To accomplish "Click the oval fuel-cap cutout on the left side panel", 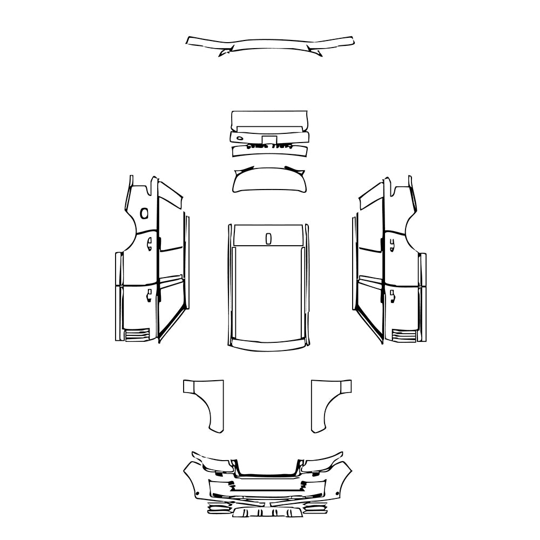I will pyautogui.click(x=144, y=213).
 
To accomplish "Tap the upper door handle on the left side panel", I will pyautogui.click(x=150, y=242).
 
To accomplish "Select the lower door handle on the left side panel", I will pyautogui.click(x=149, y=295).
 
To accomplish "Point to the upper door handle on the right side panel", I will pyautogui.click(x=390, y=242).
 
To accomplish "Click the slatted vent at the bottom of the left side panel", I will pyautogui.click(x=137, y=335).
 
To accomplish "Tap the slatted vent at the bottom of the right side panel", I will pyautogui.click(x=403, y=335).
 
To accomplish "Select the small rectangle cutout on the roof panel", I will pyautogui.click(x=269, y=238).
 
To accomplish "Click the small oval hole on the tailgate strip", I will pyautogui.click(x=239, y=138).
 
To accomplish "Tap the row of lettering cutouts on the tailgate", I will pyautogui.click(x=269, y=146).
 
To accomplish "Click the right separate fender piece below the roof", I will pyautogui.click(x=330, y=402).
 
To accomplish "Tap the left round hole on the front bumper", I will pyautogui.click(x=198, y=494).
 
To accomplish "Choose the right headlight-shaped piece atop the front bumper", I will pyautogui.click(x=324, y=462).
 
